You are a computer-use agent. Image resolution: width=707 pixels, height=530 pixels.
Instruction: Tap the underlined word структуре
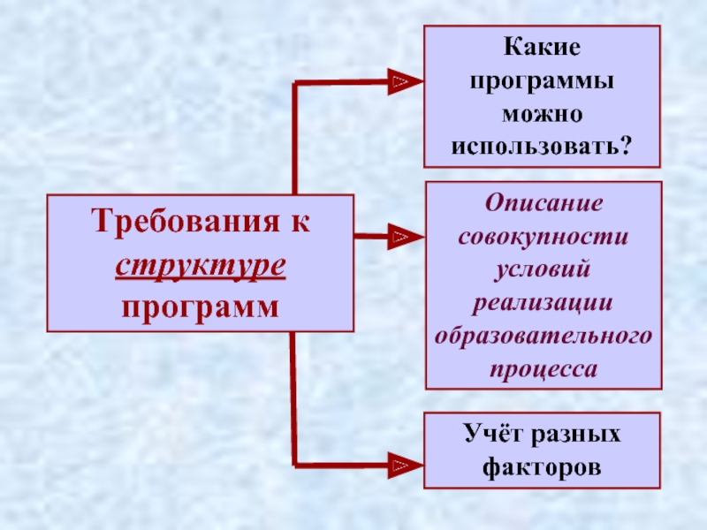[x=201, y=264]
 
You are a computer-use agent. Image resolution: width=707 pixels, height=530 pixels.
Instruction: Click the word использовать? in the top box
[x=543, y=145]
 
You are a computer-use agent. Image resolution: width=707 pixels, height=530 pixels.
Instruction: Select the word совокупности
[x=543, y=237]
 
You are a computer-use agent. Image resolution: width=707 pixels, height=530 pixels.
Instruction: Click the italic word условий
[x=543, y=269]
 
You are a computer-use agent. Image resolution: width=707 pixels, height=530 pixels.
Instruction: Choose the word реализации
[x=543, y=303]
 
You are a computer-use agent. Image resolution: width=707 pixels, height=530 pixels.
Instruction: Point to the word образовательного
[x=543, y=337]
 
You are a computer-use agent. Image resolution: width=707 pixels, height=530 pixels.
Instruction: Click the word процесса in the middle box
[x=543, y=369]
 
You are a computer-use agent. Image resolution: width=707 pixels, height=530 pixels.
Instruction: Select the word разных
[x=578, y=435]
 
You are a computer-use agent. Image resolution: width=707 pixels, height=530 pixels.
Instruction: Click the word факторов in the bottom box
[x=543, y=467]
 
